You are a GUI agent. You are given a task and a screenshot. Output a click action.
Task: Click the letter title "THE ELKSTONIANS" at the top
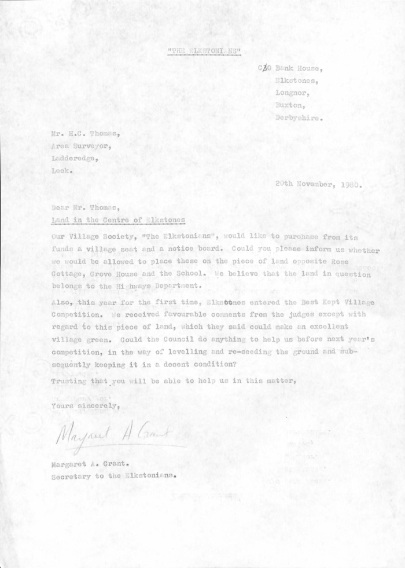(x=204, y=52)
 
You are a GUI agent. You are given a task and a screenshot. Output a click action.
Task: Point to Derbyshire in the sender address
(x=300, y=118)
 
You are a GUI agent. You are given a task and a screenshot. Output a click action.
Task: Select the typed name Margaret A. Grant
(x=90, y=463)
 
